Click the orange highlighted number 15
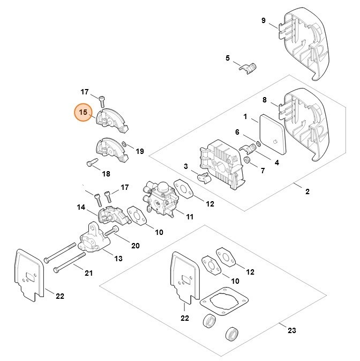(83, 113)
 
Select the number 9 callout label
(263, 20)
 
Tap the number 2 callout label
(307, 191)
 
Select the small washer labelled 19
(124, 144)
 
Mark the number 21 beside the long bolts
(88, 273)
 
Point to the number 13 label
(118, 259)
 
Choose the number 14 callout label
(81, 207)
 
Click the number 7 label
(262, 171)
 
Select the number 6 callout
(237, 132)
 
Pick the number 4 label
(276, 163)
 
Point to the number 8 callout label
(264, 99)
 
